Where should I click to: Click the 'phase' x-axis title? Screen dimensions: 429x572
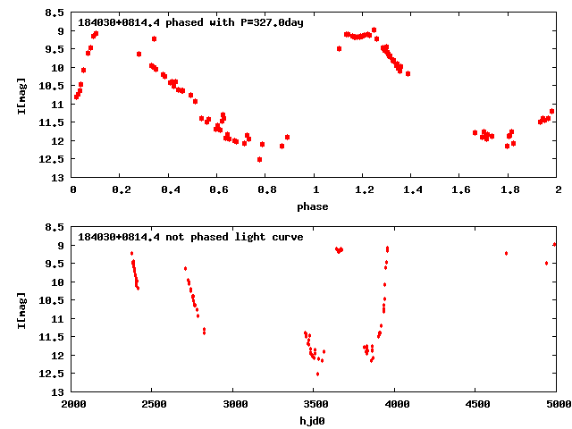pos(315,206)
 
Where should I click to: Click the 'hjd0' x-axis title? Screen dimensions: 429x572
pos(315,421)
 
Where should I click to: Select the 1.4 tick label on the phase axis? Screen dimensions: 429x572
pos(412,189)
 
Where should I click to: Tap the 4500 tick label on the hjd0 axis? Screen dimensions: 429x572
pos(475,404)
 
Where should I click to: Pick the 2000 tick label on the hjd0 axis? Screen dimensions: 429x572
pos(72,404)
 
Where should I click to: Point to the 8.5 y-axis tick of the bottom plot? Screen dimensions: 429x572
pos(56,227)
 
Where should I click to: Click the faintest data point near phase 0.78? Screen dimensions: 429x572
pos(259,159)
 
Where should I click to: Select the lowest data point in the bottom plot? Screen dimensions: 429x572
pos(317,374)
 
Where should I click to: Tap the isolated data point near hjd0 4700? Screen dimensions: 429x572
pos(506,253)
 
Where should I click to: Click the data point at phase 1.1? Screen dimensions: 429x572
pos(340,48)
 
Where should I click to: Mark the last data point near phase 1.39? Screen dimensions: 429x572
pos(408,73)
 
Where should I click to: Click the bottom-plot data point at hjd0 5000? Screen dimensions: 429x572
pos(555,244)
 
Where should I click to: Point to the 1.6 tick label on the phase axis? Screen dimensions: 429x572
pos(460,189)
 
